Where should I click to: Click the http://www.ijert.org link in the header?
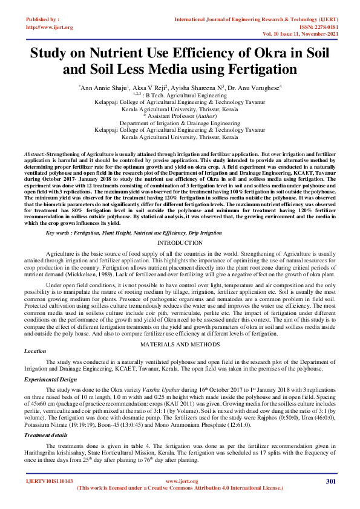[x=50, y=27]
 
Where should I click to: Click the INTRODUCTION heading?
[x=180, y=225]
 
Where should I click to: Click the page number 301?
[x=330, y=481]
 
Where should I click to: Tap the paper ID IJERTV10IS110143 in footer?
[x=49, y=481]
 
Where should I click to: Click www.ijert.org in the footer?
[x=180, y=481]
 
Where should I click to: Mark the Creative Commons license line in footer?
[x=180, y=487]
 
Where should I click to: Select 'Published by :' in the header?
[x=43, y=20]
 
